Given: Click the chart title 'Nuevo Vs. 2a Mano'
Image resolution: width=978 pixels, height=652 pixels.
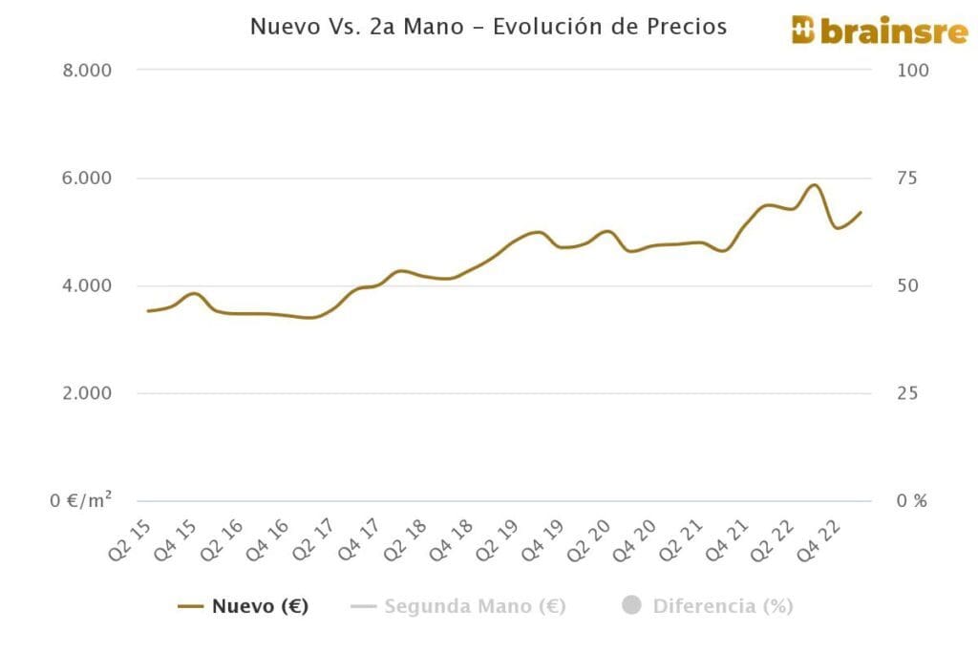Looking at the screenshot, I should [x=488, y=26].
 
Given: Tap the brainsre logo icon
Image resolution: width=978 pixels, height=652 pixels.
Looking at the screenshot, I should [x=803, y=30].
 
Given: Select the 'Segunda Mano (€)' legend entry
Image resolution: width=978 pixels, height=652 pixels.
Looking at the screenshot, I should [x=475, y=606].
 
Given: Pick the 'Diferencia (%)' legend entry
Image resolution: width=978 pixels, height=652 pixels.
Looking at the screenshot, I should [x=723, y=606].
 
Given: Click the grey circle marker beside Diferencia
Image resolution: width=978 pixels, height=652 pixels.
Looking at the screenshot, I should [x=631, y=606].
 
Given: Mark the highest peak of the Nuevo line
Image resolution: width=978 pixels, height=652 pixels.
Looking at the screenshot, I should [x=814, y=185].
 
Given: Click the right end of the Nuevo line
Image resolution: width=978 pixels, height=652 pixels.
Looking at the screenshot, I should [x=861, y=212].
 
